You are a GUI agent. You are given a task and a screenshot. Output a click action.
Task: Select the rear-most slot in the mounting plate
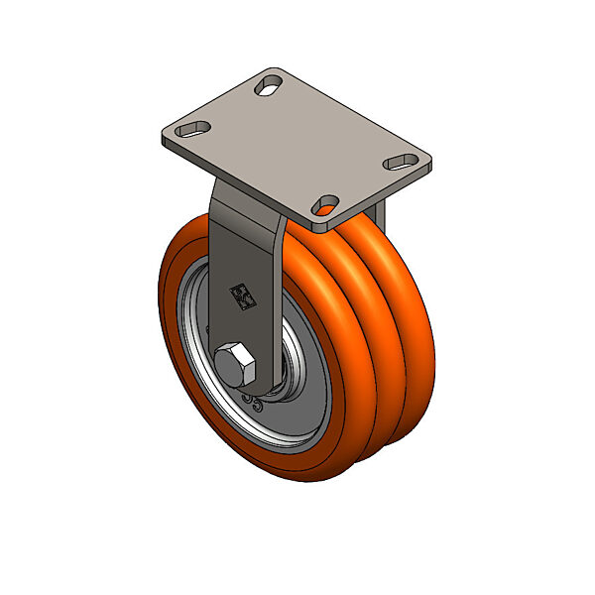(x=269, y=87)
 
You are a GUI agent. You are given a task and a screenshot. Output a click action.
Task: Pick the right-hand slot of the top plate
(x=401, y=159)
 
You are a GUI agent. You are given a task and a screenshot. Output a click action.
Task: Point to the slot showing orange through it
(x=324, y=205)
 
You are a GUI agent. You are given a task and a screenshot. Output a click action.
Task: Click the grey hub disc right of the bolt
(x=302, y=397)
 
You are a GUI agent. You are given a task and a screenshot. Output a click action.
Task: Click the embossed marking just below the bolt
(x=256, y=402)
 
